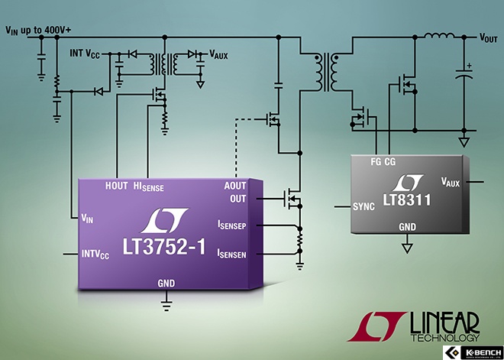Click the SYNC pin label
point(365,206)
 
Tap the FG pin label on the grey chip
point(376,161)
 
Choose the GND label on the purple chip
point(166,283)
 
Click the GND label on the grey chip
point(408,227)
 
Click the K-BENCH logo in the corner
point(473,352)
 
